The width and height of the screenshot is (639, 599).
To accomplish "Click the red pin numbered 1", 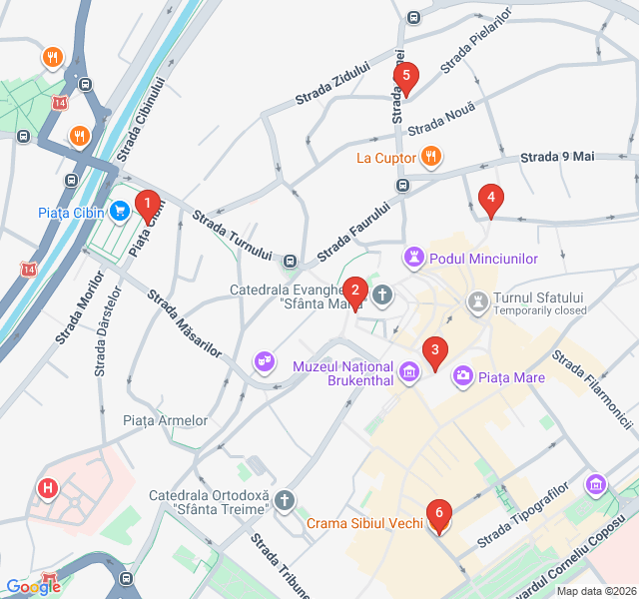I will (x=148, y=205).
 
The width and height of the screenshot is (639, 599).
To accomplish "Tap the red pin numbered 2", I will (x=354, y=293).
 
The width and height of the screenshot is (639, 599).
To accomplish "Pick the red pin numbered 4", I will (x=489, y=199).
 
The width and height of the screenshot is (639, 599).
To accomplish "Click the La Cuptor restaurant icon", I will (x=431, y=157).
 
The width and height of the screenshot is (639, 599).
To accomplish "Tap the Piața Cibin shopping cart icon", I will (x=120, y=211).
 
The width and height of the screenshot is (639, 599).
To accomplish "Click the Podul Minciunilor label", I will (x=484, y=259).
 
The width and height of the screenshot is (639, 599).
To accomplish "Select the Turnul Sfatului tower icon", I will (x=479, y=300).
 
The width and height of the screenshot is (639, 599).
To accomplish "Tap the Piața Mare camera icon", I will (x=463, y=376).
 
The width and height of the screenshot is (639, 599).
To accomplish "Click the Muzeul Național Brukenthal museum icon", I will (x=407, y=373).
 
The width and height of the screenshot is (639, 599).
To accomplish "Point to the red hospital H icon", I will (x=46, y=488).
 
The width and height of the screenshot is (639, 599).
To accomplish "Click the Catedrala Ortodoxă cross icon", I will (x=286, y=500).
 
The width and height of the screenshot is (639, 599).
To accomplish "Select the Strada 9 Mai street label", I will (x=557, y=157).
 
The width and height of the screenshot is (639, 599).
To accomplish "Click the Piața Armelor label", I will (x=165, y=420).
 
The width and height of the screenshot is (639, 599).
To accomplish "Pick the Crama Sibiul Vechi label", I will (x=364, y=523).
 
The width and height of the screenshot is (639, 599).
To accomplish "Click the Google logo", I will (x=33, y=587).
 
